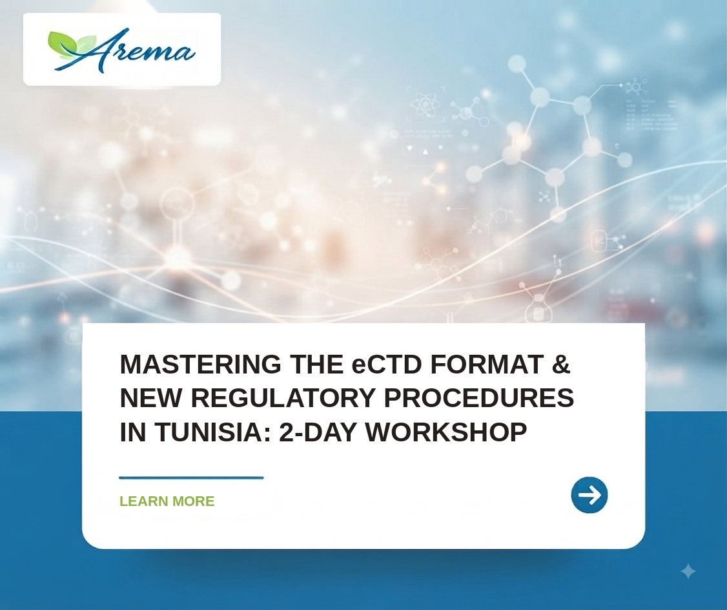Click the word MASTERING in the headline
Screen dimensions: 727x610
[x=200, y=364]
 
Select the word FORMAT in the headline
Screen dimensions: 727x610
[x=487, y=364]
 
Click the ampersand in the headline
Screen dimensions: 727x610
[x=561, y=364]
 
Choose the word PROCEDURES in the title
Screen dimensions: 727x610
[x=479, y=398]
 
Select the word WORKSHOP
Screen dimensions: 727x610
[x=446, y=432]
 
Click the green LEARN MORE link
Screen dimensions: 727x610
[x=167, y=501]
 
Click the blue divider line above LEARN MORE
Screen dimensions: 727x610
[x=191, y=478]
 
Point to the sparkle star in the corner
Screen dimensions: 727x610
[x=688, y=571]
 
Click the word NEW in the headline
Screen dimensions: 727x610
[x=151, y=398]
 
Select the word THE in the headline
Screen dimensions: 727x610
[x=316, y=364]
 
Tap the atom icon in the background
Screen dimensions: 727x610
[x=425, y=105]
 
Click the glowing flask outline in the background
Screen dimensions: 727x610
[x=538, y=308]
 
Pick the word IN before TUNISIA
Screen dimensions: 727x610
[x=133, y=432]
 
